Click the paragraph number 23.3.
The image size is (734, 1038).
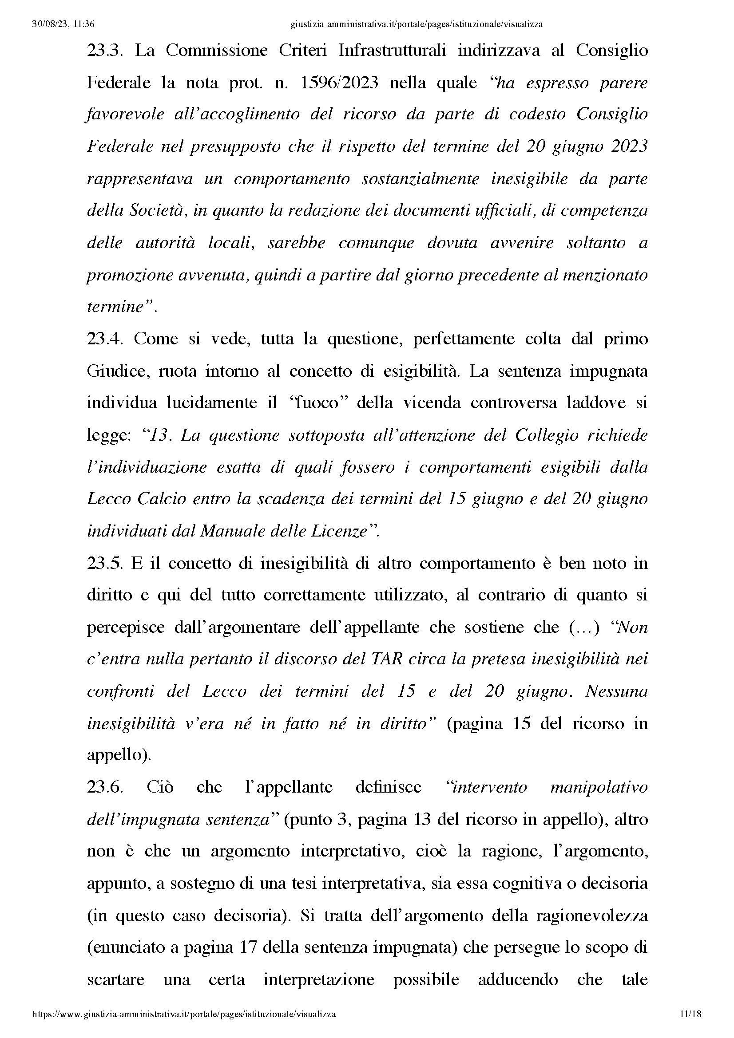104,51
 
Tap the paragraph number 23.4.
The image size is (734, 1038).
104,339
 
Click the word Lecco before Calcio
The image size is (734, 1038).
107,499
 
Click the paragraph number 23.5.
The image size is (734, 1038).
104,564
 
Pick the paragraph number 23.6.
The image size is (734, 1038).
104,788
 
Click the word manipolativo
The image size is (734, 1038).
599,788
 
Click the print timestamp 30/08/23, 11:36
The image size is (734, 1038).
63,24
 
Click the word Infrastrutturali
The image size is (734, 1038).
392,51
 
